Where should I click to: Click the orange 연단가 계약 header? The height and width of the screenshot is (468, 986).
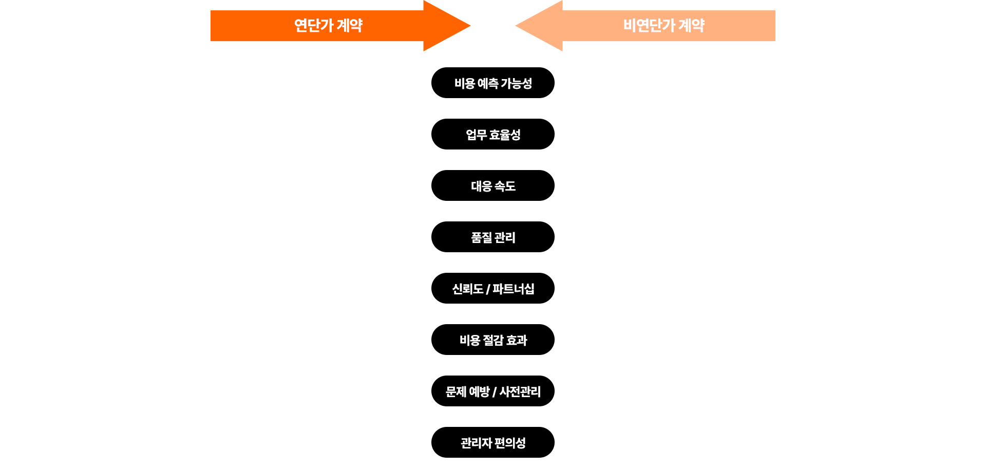pos(340,26)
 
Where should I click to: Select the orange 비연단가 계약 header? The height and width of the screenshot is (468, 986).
pos(644,26)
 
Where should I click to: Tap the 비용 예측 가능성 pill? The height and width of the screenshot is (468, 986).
pos(493,83)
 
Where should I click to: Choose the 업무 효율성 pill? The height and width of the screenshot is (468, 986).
pos(493,134)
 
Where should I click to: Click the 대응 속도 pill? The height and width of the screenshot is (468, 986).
pos(493,185)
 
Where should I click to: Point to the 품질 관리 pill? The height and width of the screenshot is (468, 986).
pos(493,237)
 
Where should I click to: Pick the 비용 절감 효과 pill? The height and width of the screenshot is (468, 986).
pos(493,340)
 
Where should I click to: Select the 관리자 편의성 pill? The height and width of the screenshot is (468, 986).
pos(493,442)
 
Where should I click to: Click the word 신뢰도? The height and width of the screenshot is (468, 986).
pos(467,289)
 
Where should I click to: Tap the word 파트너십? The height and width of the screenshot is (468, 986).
pos(514,289)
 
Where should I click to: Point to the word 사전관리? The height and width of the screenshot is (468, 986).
pos(520,391)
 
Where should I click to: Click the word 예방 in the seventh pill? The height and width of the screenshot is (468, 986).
pos(479,391)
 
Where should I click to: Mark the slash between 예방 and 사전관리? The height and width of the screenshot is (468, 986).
pos(494,392)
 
